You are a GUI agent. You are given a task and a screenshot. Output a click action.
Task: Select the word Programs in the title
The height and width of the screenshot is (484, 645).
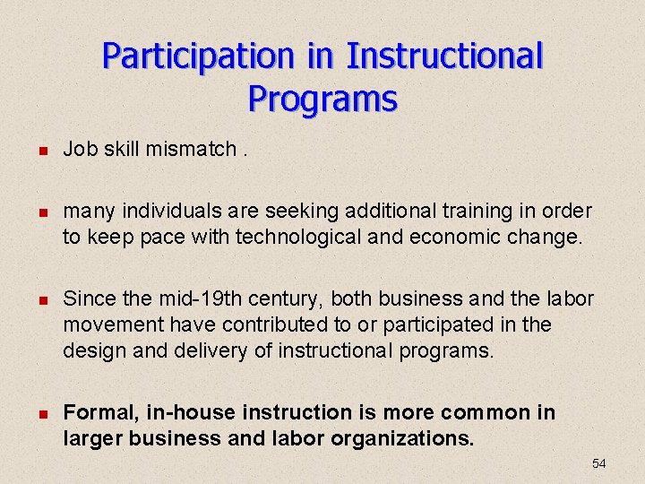tap(322, 98)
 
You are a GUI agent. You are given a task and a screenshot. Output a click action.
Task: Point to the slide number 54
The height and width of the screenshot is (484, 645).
tap(599, 463)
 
